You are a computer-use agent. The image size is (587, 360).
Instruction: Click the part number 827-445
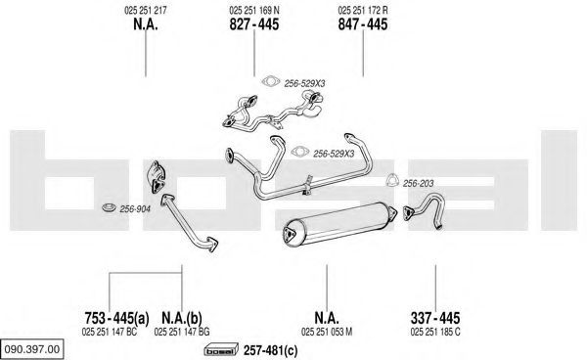pos(253,24)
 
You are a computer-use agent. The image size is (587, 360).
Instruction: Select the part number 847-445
pos(363,24)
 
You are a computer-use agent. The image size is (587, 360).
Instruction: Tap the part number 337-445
pos(435,318)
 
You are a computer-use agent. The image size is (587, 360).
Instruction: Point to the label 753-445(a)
pos(116,318)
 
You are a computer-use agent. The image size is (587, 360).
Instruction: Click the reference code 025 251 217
pos(145,10)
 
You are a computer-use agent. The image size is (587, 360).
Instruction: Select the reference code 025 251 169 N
pos(253,10)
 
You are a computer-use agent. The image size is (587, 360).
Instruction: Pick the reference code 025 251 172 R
pos(363,10)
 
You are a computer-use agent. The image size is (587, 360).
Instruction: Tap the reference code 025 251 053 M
pos(327,332)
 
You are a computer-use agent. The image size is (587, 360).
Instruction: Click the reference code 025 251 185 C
pos(435,332)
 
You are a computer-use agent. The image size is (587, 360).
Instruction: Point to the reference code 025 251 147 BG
pos(182,332)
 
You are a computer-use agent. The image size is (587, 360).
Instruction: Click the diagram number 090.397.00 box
pos(32,349)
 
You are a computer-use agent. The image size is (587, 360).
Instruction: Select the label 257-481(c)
pos(271,350)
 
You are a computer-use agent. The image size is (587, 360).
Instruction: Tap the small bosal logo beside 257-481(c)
pos(221,350)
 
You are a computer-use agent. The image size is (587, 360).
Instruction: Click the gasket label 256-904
pos(135,209)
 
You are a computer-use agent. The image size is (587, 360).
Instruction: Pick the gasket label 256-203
pos(418,183)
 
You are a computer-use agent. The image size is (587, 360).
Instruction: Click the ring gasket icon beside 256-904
pos(110,207)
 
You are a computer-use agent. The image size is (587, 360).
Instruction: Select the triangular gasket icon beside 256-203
pos(392,180)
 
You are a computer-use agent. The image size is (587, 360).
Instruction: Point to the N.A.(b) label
pos(182,318)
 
